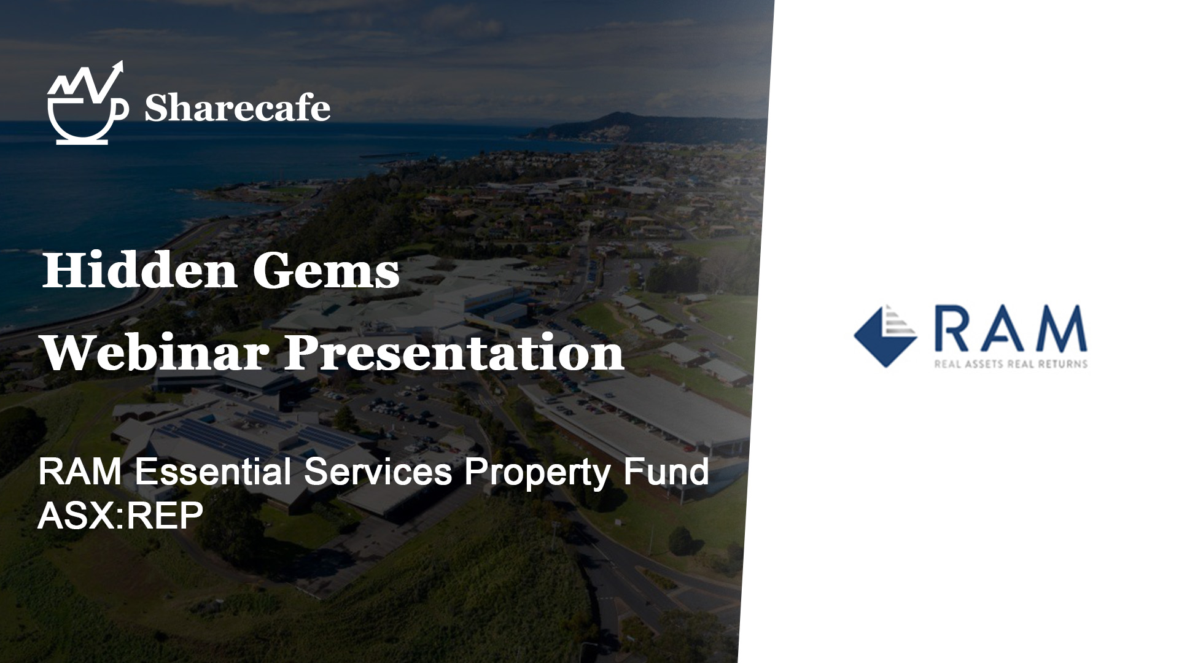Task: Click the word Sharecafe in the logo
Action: point(237,108)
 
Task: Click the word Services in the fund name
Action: point(378,473)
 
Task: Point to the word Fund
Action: point(666,473)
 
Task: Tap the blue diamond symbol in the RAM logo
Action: point(885,336)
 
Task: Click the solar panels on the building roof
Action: point(258,430)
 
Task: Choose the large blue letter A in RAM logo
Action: point(1002,328)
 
